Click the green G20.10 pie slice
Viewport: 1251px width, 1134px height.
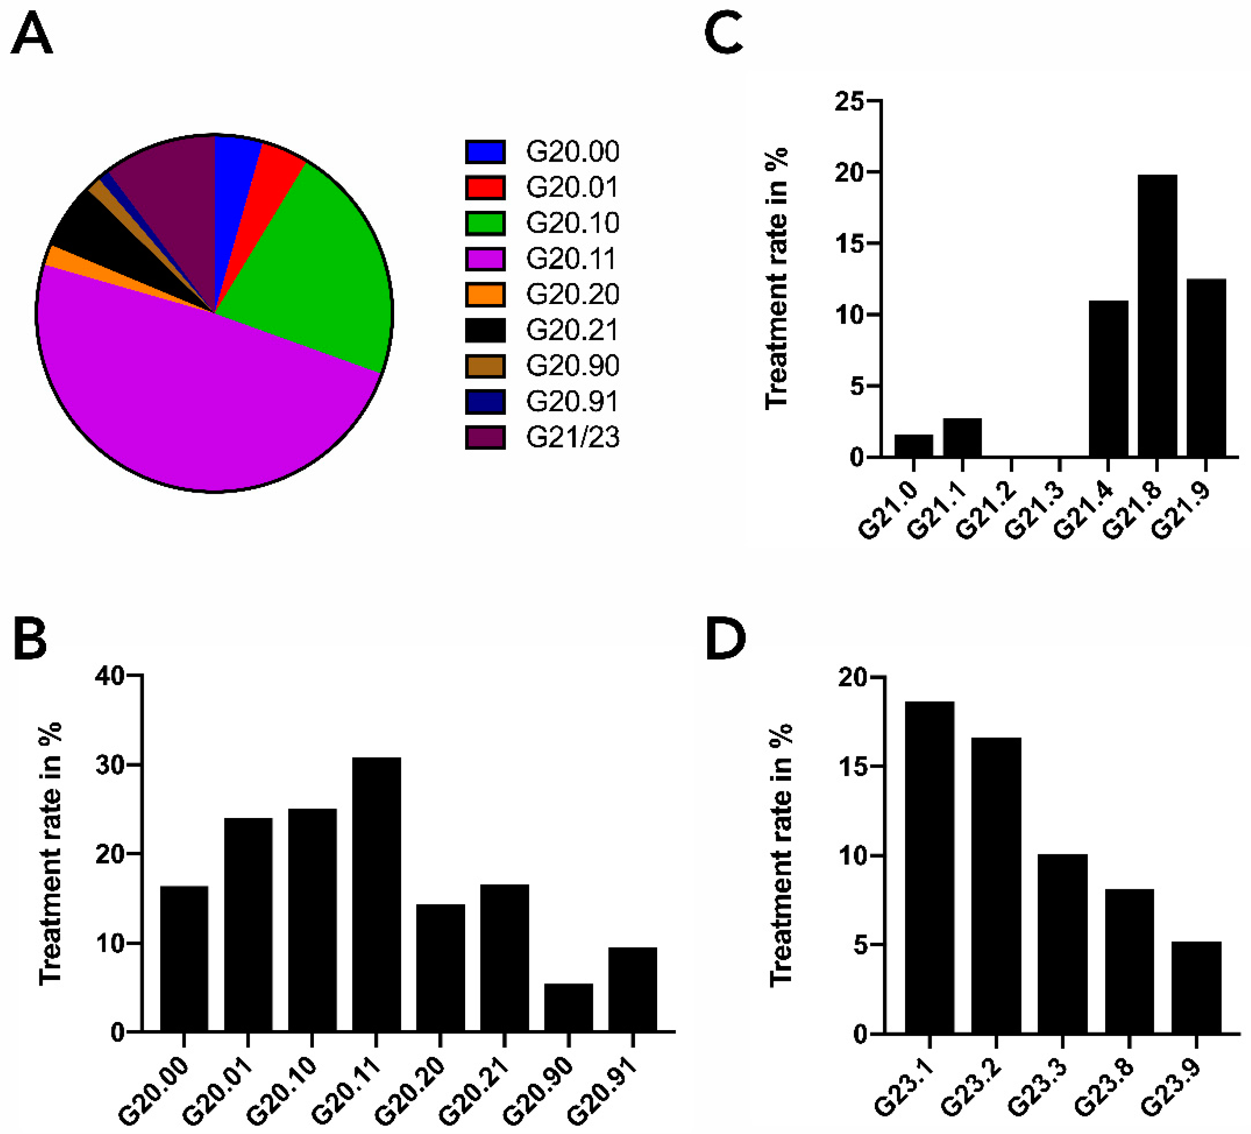[310, 261]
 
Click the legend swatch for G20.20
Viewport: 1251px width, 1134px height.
[485, 294]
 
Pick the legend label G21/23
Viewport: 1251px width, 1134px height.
[572, 437]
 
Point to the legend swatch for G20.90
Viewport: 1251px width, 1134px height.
[485, 366]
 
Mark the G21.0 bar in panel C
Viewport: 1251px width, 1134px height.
[913, 446]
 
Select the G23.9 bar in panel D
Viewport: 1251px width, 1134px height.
[1196, 987]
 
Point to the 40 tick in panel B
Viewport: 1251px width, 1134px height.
[110, 675]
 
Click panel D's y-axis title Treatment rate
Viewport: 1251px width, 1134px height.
[781, 856]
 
